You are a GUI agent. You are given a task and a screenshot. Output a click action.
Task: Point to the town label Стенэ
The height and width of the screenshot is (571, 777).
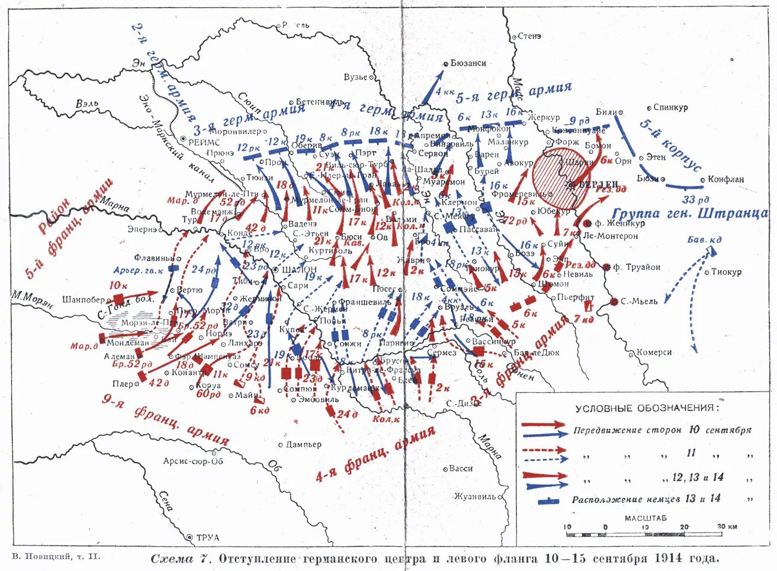[529, 36]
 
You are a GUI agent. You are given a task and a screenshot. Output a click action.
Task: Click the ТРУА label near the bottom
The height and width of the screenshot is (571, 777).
[207, 537]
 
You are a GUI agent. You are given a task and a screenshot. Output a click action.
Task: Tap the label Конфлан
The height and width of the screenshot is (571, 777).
[725, 179]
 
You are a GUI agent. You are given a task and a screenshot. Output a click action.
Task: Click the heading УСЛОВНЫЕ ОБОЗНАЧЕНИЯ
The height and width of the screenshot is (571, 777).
[648, 409]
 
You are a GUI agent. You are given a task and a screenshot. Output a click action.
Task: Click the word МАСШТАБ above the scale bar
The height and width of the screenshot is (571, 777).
[645, 518]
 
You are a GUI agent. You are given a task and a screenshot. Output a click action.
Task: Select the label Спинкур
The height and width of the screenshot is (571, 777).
[670, 108]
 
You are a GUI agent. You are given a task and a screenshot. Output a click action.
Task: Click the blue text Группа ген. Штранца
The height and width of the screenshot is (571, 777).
[690, 213]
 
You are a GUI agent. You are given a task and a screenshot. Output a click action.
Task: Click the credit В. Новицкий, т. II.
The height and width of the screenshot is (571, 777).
[56, 557]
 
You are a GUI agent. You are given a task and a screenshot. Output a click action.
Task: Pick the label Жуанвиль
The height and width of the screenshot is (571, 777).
[474, 496]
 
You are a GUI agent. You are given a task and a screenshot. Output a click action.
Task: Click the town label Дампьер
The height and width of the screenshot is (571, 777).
[303, 444]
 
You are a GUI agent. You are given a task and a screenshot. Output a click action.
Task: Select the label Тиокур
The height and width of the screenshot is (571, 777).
[726, 272]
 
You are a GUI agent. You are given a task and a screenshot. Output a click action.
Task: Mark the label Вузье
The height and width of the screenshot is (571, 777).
[355, 77]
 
